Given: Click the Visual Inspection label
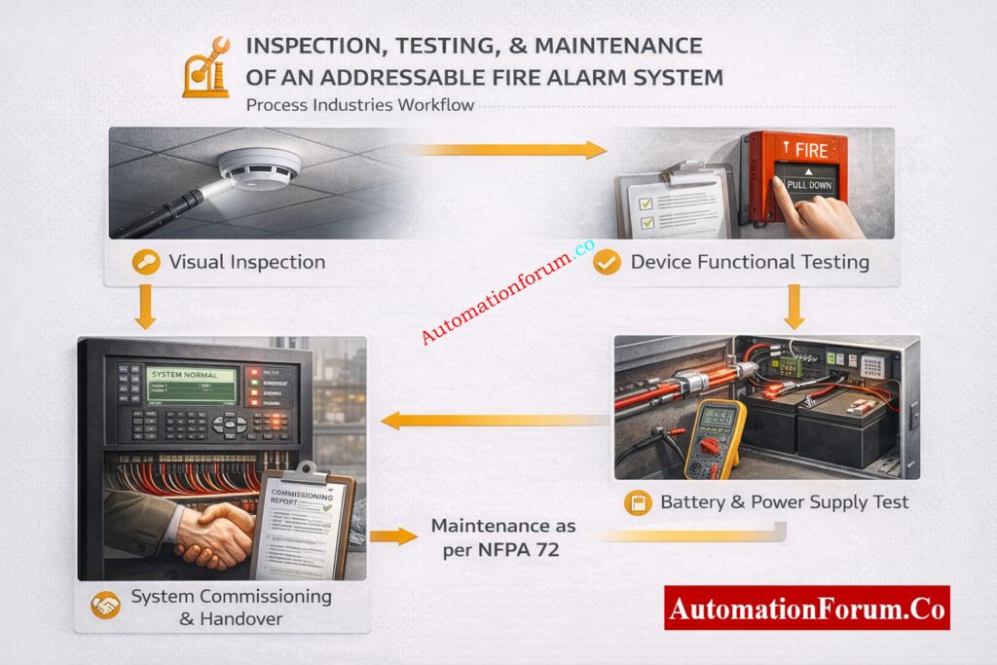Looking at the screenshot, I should coord(246,262).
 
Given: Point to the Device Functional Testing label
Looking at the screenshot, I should coord(749,262).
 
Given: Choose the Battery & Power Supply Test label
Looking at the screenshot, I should coord(784,502).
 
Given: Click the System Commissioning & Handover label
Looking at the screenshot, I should coord(231,606).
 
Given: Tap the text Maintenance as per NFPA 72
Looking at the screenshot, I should coord(502,536).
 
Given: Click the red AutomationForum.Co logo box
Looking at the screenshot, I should coord(806,608).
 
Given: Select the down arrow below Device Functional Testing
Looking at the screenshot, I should coord(794,308).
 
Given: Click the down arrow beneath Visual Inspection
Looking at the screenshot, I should coord(146,308).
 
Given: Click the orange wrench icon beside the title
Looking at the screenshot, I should coord(205,68).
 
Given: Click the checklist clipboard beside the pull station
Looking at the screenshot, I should coord(672,200).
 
